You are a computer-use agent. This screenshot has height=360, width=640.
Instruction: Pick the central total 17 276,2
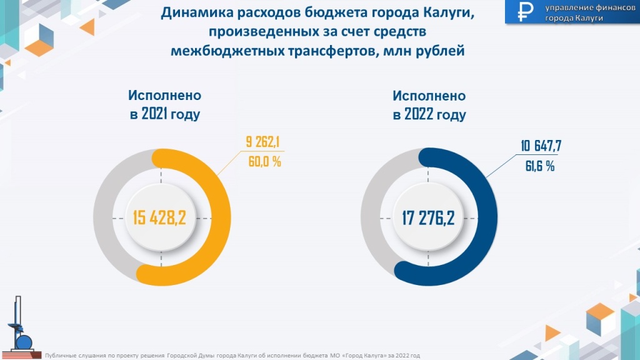(429, 217)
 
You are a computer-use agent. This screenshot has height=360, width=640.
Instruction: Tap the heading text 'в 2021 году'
(165, 116)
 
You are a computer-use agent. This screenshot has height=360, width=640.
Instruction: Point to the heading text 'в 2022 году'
(430, 116)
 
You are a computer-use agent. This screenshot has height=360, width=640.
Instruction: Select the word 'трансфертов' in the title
(322, 52)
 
